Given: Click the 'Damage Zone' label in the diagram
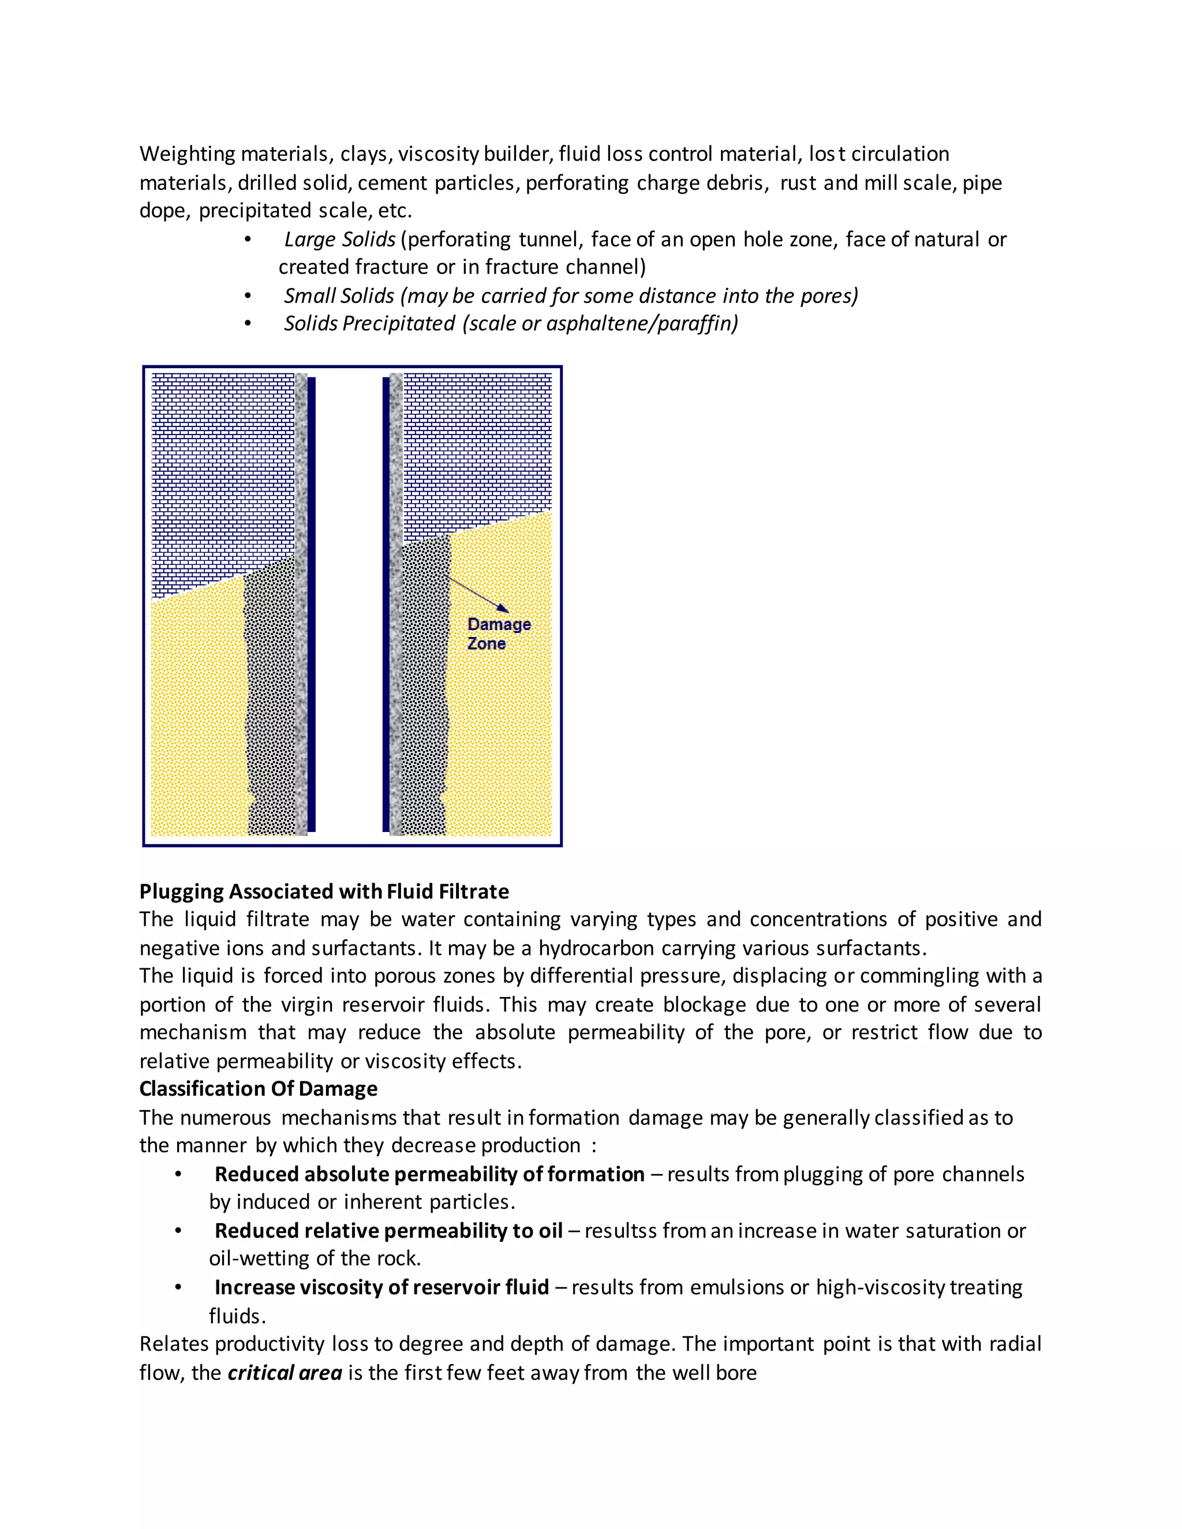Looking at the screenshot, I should point(499,634).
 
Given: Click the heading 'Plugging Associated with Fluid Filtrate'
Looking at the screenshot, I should point(324,891).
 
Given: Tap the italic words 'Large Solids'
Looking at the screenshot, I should point(339,239).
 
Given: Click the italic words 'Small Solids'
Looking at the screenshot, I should point(339,295).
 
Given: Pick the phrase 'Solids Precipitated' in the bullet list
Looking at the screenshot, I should point(369,324).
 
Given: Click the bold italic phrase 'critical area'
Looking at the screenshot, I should point(285,1373).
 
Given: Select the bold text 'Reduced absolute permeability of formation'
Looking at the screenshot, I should point(429,1174).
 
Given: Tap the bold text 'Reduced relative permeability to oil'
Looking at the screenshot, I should point(388,1231).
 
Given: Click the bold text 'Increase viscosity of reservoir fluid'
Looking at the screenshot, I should point(381,1287).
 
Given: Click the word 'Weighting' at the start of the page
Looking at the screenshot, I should point(187,154).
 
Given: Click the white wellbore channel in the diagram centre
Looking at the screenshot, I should point(349,602).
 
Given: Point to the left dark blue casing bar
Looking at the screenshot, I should point(312,602).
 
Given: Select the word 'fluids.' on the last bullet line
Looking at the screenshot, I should point(237,1316).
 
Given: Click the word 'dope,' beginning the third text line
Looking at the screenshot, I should point(164,211).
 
